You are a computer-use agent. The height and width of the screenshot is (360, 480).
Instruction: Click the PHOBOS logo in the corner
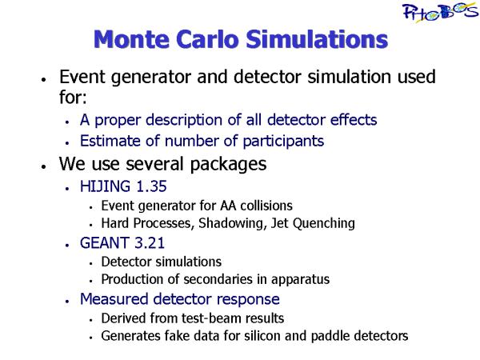(441, 12)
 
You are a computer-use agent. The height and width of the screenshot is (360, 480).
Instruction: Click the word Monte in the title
(131, 39)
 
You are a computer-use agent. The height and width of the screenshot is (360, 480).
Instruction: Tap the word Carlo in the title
(207, 39)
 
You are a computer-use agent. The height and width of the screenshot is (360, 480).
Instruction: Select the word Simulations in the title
(317, 39)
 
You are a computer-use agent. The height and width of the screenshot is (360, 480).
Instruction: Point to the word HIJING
(105, 186)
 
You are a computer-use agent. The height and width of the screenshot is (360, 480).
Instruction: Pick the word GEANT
(104, 242)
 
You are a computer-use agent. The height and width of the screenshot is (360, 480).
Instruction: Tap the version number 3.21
(150, 242)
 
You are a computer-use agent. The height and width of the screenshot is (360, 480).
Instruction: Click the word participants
(283, 142)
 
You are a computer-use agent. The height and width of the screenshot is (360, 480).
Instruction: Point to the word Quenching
(323, 223)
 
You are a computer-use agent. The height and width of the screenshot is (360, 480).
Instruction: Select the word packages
(228, 165)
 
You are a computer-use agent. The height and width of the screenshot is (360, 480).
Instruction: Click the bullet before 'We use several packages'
(43, 166)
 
